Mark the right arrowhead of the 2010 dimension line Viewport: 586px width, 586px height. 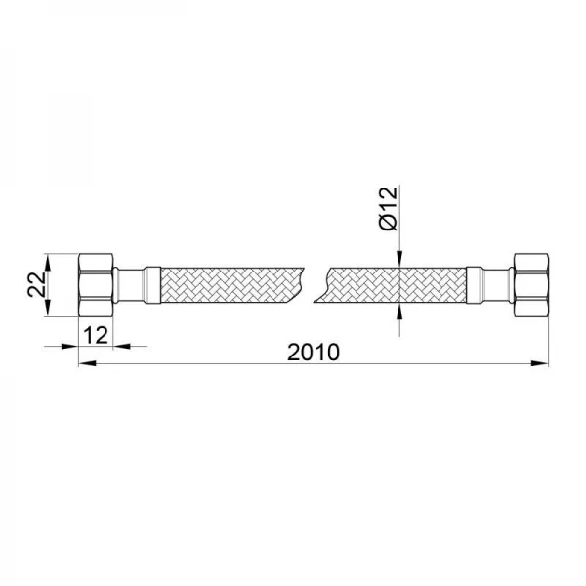[539, 365]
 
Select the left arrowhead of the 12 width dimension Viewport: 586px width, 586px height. [70, 346]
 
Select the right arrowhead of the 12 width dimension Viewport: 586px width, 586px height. [122, 346]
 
